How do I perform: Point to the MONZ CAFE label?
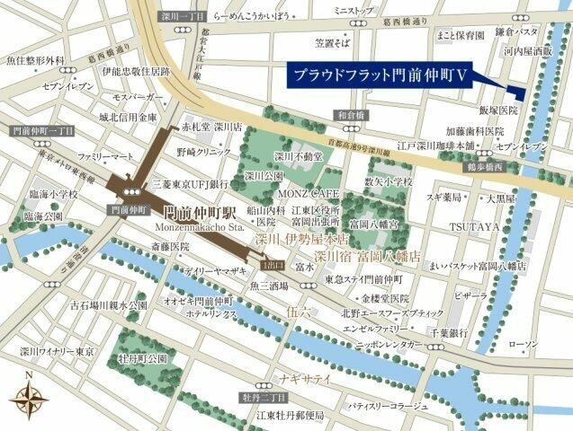[308, 193]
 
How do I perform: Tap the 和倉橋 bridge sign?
[351, 114]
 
